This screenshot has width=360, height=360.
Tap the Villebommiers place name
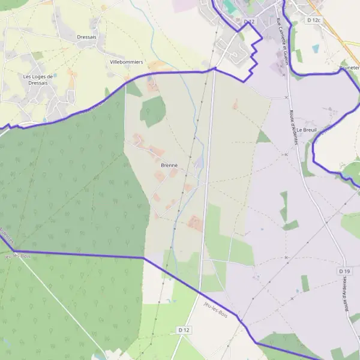pos(126,62)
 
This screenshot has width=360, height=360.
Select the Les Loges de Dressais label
pos(43,80)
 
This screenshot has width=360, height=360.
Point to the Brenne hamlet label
pos(170,165)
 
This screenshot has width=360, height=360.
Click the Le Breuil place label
pos(322,130)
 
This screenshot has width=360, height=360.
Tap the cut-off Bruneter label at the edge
pos(349,68)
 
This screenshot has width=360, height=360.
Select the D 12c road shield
pos(314,20)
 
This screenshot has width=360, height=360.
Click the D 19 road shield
pos(344,271)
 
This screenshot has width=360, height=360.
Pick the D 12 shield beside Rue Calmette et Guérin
pos(250,22)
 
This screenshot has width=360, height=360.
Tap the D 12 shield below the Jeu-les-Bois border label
pos(184,330)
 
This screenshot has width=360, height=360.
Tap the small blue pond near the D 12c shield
pos(316,49)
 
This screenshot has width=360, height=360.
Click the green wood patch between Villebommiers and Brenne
pos(153,111)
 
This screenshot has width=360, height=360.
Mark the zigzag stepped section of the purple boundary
pos(254,57)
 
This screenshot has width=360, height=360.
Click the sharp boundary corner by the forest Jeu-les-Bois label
pos(14,251)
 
